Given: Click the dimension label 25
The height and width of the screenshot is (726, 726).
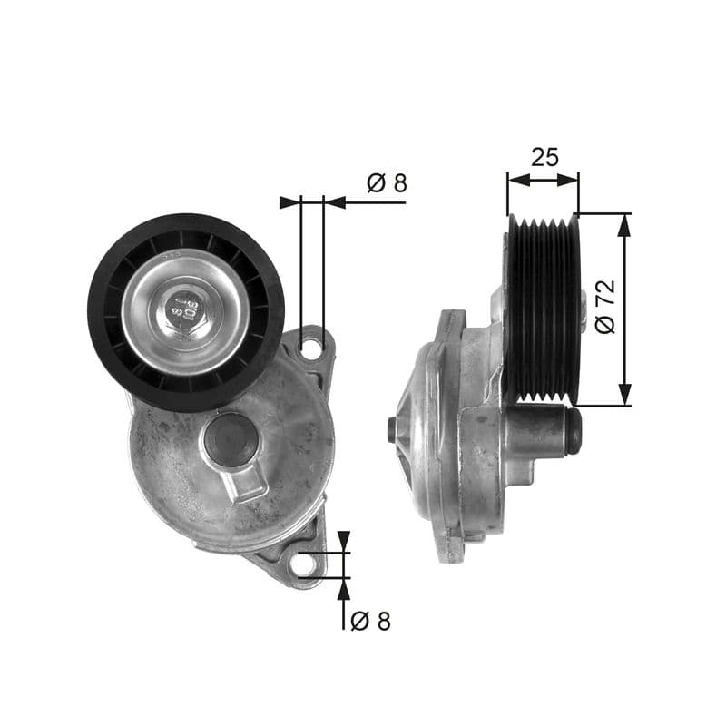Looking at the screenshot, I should pos(544,157).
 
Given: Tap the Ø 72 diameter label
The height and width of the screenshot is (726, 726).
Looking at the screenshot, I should pos(605,306).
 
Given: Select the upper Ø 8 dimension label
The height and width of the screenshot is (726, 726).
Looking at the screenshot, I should pos(387,183).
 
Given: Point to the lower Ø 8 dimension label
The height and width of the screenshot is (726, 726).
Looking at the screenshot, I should pos(370,622).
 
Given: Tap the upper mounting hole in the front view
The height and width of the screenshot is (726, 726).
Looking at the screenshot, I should pos(311,346).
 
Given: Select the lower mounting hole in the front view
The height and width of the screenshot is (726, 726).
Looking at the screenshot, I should pos(304,564).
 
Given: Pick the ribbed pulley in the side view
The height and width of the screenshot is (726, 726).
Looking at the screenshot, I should pos(541,309).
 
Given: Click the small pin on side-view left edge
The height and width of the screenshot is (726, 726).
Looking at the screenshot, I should pos(391,429).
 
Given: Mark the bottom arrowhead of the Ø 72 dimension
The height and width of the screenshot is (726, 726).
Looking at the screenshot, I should pos(623,397).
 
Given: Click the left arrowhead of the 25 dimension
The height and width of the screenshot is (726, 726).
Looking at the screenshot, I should pos(515,180).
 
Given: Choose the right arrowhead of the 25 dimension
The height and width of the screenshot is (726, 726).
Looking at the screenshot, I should pos(572,180).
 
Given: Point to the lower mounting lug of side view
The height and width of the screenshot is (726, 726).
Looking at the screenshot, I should pos(448,544).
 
